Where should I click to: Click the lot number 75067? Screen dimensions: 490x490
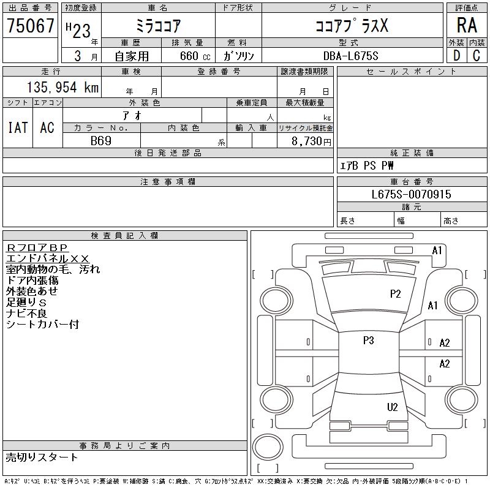[30, 26]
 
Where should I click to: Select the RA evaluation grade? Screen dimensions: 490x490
[467, 25]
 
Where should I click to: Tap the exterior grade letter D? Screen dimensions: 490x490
[456, 55]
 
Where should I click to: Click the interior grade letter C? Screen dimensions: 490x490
[477, 55]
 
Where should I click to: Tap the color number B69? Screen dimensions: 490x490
[101, 140]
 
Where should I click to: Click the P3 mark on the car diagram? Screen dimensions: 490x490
[368, 341]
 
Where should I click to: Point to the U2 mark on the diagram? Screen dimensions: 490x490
[393, 407]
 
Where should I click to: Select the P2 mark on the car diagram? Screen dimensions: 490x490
[396, 294]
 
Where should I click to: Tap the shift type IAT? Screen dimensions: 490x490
[18, 127]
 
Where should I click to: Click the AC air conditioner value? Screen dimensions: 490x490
[47, 127]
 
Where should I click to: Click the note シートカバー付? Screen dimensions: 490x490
[42, 325]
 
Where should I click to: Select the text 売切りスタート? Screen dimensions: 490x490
[42, 458]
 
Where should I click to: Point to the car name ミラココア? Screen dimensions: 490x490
[157, 26]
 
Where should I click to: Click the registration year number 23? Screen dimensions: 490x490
[84, 26]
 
